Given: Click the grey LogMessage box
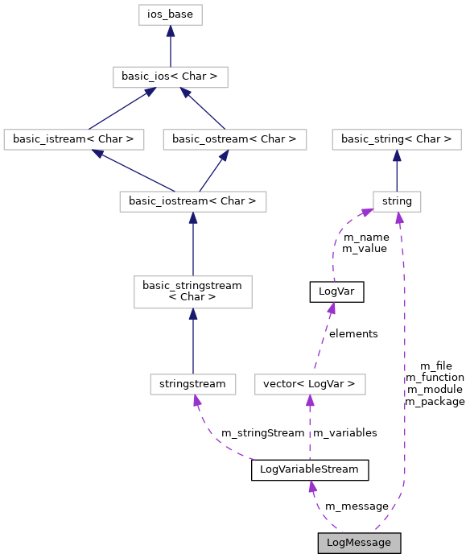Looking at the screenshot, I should pyautogui.click(x=359, y=543).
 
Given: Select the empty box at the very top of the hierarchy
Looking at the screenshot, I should pyautogui.click(x=171, y=14).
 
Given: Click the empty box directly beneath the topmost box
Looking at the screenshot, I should pyautogui.click(x=171, y=77).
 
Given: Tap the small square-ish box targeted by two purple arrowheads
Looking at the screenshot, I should pyautogui.click(x=397, y=201).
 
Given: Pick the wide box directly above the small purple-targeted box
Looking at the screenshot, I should pyautogui.click(x=397, y=139).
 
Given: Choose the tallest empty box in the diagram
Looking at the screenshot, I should pyautogui.click(x=193, y=292).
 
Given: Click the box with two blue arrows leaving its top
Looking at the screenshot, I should pyautogui.click(x=193, y=201).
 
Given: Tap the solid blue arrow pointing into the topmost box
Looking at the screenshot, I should pyautogui.click(x=171, y=46).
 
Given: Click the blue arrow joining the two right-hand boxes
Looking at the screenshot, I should pyautogui.click(x=397, y=170).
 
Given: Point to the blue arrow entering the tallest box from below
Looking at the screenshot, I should pyautogui.click(x=193, y=341).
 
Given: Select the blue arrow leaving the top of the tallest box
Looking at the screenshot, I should pyautogui.click(x=193, y=244).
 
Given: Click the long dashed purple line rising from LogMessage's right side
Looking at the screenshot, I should pyautogui.click(x=404, y=362).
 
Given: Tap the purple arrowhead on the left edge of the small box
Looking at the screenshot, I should pyautogui.click(x=366, y=212).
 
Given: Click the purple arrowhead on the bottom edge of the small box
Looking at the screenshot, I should pyautogui.click(x=399, y=218).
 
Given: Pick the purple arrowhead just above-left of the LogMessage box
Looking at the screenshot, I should pyautogui.click(x=312, y=487).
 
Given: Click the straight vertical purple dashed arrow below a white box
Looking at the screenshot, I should pyautogui.click(x=310, y=427).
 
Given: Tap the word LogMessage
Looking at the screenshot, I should pyautogui.click(x=359, y=543).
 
